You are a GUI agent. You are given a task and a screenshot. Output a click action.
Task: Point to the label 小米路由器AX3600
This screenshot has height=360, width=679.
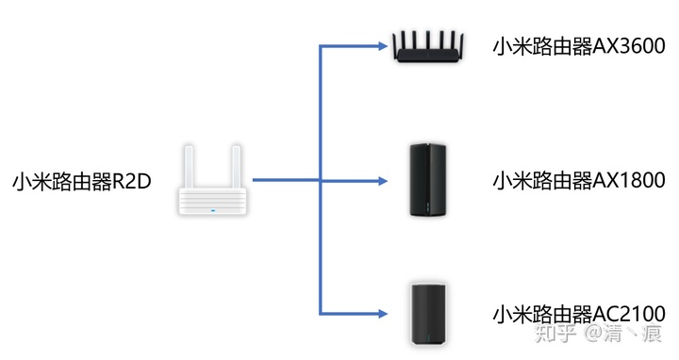point(579,46)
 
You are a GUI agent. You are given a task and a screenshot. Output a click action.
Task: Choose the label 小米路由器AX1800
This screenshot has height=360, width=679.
point(579,181)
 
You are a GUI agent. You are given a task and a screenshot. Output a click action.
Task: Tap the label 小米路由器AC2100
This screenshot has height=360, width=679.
point(579,313)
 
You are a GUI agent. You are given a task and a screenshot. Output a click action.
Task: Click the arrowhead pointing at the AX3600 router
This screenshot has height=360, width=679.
point(383,45)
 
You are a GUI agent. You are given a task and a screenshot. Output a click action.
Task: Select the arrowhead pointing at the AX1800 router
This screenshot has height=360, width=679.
point(383,179)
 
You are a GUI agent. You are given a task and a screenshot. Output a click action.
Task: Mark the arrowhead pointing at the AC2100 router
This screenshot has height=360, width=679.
point(383,312)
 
